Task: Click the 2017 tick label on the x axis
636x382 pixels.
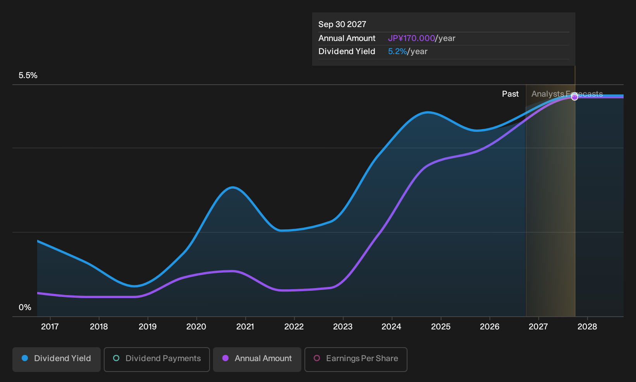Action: click(50, 327)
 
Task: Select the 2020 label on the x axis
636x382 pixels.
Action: click(196, 327)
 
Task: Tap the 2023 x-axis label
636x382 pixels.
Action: click(343, 327)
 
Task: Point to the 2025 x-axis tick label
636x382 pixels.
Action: click(441, 327)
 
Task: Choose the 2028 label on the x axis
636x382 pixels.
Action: click(587, 327)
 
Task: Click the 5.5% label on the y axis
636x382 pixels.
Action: click(28, 75)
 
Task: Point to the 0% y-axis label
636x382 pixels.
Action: click(25, 307)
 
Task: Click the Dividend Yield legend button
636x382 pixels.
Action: click(57, 359)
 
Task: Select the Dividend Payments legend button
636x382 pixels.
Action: click(157, 359)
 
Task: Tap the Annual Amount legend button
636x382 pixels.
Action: click(257, 359)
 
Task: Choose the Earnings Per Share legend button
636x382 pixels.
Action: click(356, 359)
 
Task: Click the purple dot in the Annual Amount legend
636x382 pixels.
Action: click(225, 358)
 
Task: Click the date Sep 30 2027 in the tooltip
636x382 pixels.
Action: click(342, 24)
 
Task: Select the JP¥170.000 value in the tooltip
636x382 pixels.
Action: click(411, 38)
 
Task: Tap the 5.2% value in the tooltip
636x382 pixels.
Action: click(397, 51)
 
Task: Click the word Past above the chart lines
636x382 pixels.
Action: click(510, 94)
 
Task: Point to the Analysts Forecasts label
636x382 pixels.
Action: click(567, 94)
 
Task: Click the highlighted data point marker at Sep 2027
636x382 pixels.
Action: click(574, 97)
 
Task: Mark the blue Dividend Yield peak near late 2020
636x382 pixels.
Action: click(233, 187)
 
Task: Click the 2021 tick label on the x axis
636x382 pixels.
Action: click(245, 327)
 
